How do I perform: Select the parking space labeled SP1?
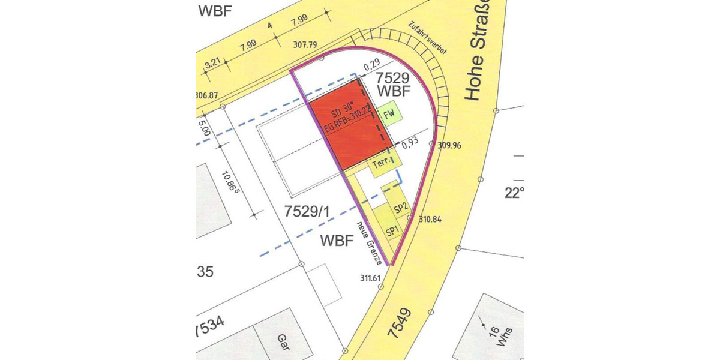click(x=392, y=232)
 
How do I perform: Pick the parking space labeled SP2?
click(x=401, y=208)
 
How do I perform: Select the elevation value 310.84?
click(x=430, y=220)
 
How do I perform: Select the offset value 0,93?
click(x=410, y=144)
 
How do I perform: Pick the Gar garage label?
click(x=283, y=343)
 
